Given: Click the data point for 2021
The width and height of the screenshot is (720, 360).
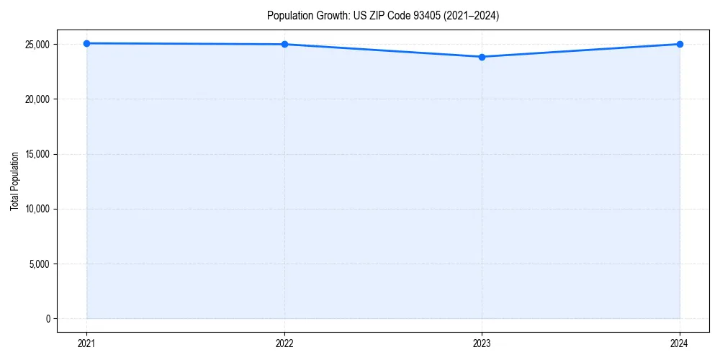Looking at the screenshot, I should point(86,43).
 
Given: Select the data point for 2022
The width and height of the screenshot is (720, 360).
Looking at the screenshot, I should point(284,45).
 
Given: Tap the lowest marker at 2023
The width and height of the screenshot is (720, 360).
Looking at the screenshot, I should point(482,57).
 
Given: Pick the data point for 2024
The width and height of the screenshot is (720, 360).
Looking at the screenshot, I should point(680,45).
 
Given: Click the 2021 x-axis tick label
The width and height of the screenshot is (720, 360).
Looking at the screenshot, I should point(86,343).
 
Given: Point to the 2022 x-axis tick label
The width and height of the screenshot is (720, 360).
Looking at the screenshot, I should point(284,343).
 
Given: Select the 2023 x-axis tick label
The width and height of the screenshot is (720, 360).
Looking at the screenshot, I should point(482,343).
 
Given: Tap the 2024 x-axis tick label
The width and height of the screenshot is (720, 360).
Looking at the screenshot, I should point(680,343).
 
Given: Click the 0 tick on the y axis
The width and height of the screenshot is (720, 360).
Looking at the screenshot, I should point(47,318).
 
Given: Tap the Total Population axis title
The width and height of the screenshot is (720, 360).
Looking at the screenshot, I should point(14,181).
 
